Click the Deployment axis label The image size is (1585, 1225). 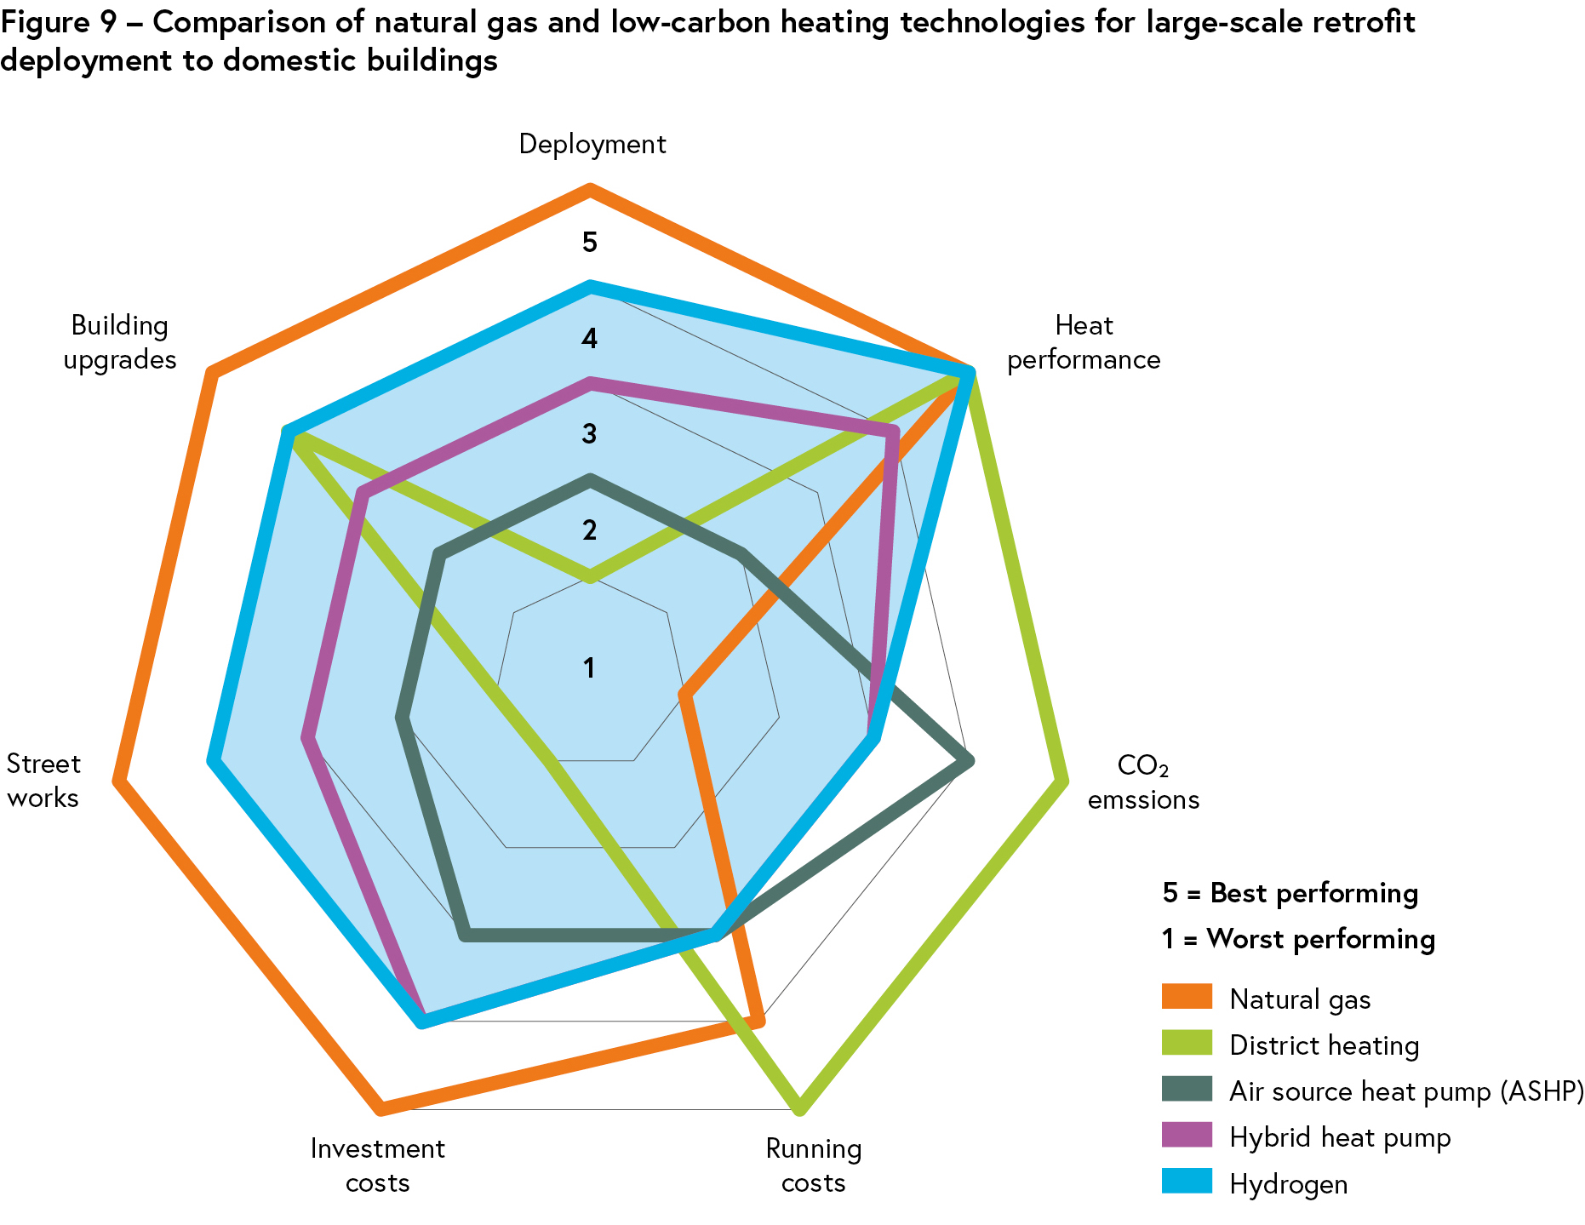592,144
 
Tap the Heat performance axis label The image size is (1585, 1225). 1084,342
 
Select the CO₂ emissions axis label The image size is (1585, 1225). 1143,782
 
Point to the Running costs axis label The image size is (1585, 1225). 814,1165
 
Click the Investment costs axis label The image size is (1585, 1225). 377,1165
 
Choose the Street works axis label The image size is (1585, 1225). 43,781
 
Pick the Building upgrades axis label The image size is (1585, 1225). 120,342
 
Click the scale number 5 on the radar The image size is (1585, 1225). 590,243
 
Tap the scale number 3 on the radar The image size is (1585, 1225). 590,434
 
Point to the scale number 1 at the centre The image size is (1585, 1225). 590,668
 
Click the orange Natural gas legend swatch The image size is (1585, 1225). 1187,997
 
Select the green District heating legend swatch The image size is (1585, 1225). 1187,1044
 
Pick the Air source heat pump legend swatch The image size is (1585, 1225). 1187,1090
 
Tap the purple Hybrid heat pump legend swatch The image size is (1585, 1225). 1187,1136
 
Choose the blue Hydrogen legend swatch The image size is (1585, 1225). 1187,1182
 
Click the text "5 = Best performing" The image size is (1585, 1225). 1290,893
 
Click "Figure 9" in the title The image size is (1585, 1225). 58,23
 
